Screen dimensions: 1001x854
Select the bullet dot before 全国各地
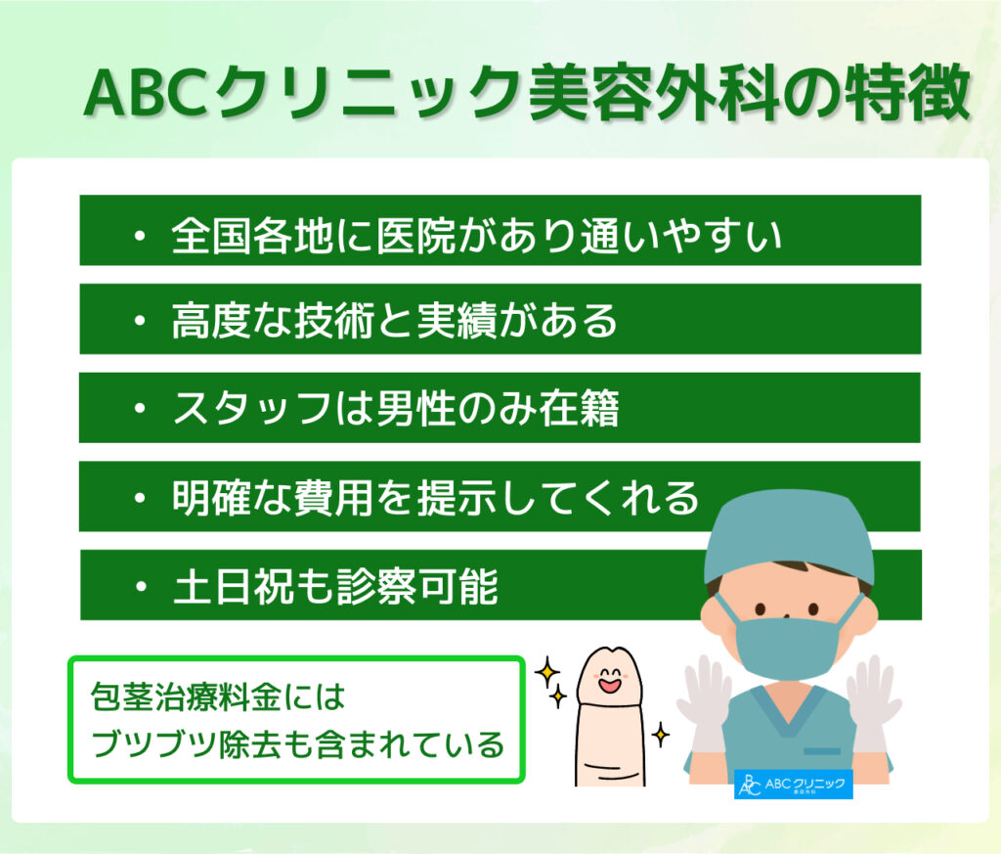tap(140, 237)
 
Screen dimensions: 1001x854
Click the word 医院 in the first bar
tap(415, 236)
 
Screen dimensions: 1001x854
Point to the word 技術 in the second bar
tap(334, 320)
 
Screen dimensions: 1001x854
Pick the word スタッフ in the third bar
tap(253, 409)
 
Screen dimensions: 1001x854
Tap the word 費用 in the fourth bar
tap(334, 498)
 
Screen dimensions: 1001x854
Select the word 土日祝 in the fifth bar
tap(234, 586)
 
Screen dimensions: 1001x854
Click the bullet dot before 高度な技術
tap(140, 321)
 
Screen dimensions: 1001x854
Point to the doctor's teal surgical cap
tap(789, 535)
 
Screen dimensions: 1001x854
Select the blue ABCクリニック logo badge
tap(793, 785)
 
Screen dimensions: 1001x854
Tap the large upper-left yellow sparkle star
tap(547, 672)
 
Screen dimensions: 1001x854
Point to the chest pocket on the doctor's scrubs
tap(821, 751)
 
